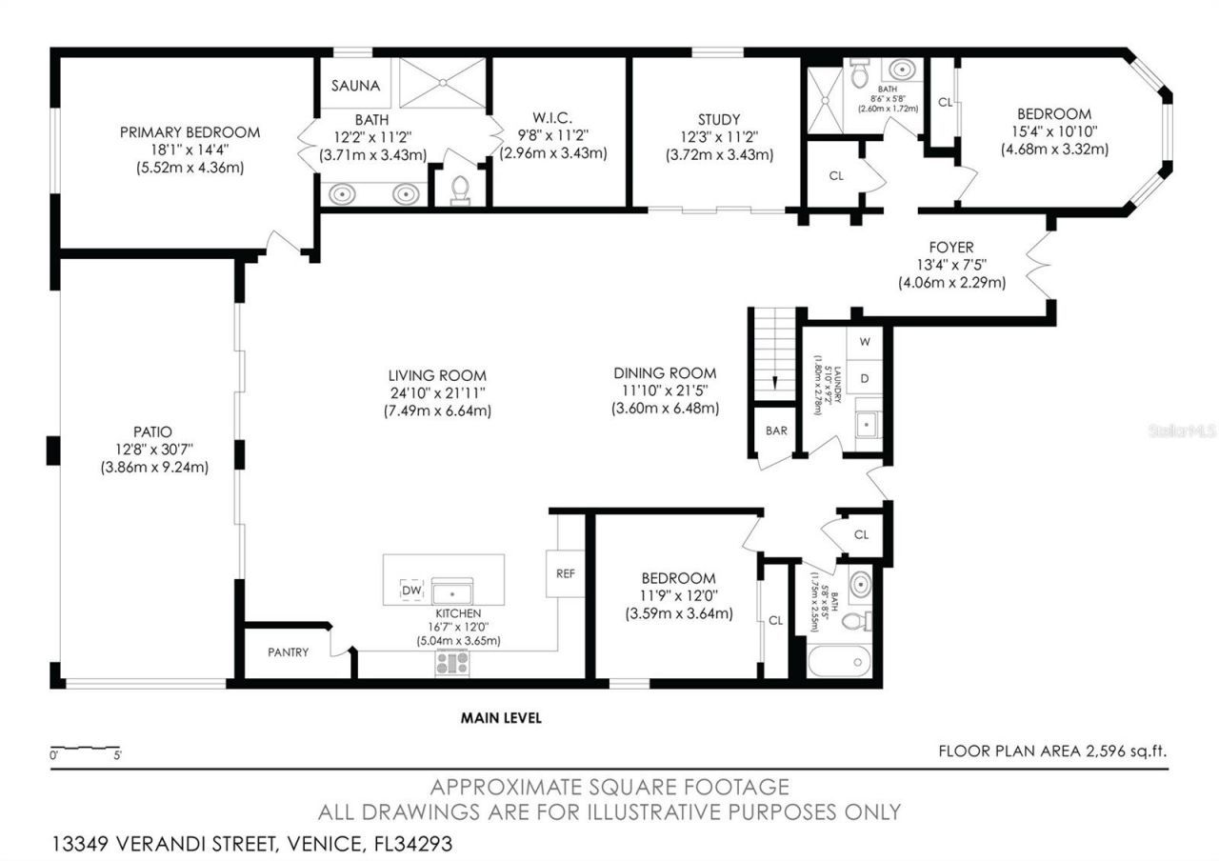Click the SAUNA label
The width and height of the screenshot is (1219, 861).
(x=355, y=86)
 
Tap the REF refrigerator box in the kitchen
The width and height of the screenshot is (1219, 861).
(x=565, y=573)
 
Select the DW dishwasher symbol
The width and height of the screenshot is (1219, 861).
(x=411, y=591)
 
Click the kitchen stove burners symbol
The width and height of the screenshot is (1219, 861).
(x=452, y=663)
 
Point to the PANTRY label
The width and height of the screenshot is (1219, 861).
(x=288, y=652)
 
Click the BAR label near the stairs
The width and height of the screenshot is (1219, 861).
(x=776, y=430)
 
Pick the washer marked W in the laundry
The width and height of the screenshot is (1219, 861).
(x=865, y=341)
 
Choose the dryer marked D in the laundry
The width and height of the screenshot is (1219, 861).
(x=865, y=378)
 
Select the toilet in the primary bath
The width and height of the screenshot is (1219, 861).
(x=460, y=190)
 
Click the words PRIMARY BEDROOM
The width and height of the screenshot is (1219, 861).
(x=190, y=132)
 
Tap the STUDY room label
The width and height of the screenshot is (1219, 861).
(x=718, y=119)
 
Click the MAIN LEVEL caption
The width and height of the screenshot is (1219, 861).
(x=501, y=718)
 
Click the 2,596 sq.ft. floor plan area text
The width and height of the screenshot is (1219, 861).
(x=1121, y=751)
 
